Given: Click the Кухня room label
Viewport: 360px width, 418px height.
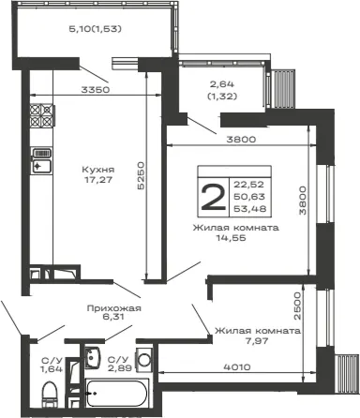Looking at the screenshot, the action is (x=98, y=170).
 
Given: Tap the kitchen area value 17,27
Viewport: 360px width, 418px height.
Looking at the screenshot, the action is (x=98, y=180).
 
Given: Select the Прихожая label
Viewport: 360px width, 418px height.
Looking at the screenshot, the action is (x=114, y=308).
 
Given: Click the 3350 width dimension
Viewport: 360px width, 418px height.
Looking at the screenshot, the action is (x=96, y=90).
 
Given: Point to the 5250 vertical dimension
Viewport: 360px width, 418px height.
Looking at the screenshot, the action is (x=141, y=175).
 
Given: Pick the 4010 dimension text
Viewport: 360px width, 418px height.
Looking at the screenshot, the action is (x=237, y=366).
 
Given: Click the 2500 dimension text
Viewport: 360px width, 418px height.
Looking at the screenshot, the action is (x=297, y=306).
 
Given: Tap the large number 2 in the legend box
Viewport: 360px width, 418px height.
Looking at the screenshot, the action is (x=214, y=197).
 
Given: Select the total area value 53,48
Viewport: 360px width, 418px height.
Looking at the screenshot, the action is (x=250, y=208).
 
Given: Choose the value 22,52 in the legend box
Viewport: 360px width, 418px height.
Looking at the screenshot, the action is (x=249, y=185).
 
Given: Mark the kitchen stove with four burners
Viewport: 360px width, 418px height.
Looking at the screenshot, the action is (x=42, y=115).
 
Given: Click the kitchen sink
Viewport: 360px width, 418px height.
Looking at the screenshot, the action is (x=41, y=161).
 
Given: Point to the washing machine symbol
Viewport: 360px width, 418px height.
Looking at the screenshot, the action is (x=144, y=359).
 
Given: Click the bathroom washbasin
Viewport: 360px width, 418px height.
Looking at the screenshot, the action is (x=92, y=357).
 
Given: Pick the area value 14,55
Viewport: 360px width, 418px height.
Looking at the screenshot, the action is (x=232, y=238).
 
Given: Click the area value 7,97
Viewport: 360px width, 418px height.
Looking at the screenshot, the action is (x=257, y=340).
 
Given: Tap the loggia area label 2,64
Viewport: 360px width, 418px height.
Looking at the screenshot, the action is (x=222, y=84).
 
